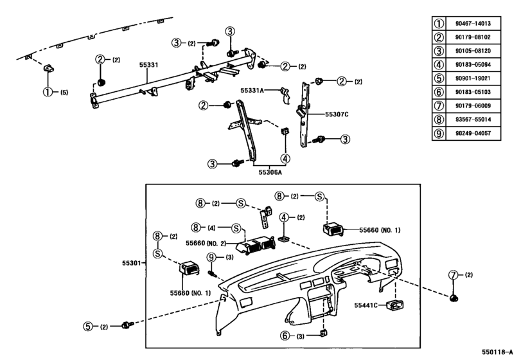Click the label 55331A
coord(252,91)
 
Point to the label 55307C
coord(336,113)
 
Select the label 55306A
coord(270,172)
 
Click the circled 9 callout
coord(211,258)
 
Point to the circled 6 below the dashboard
coord(285,336)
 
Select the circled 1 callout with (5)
coord(47,92)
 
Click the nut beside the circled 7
coord(455,298)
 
